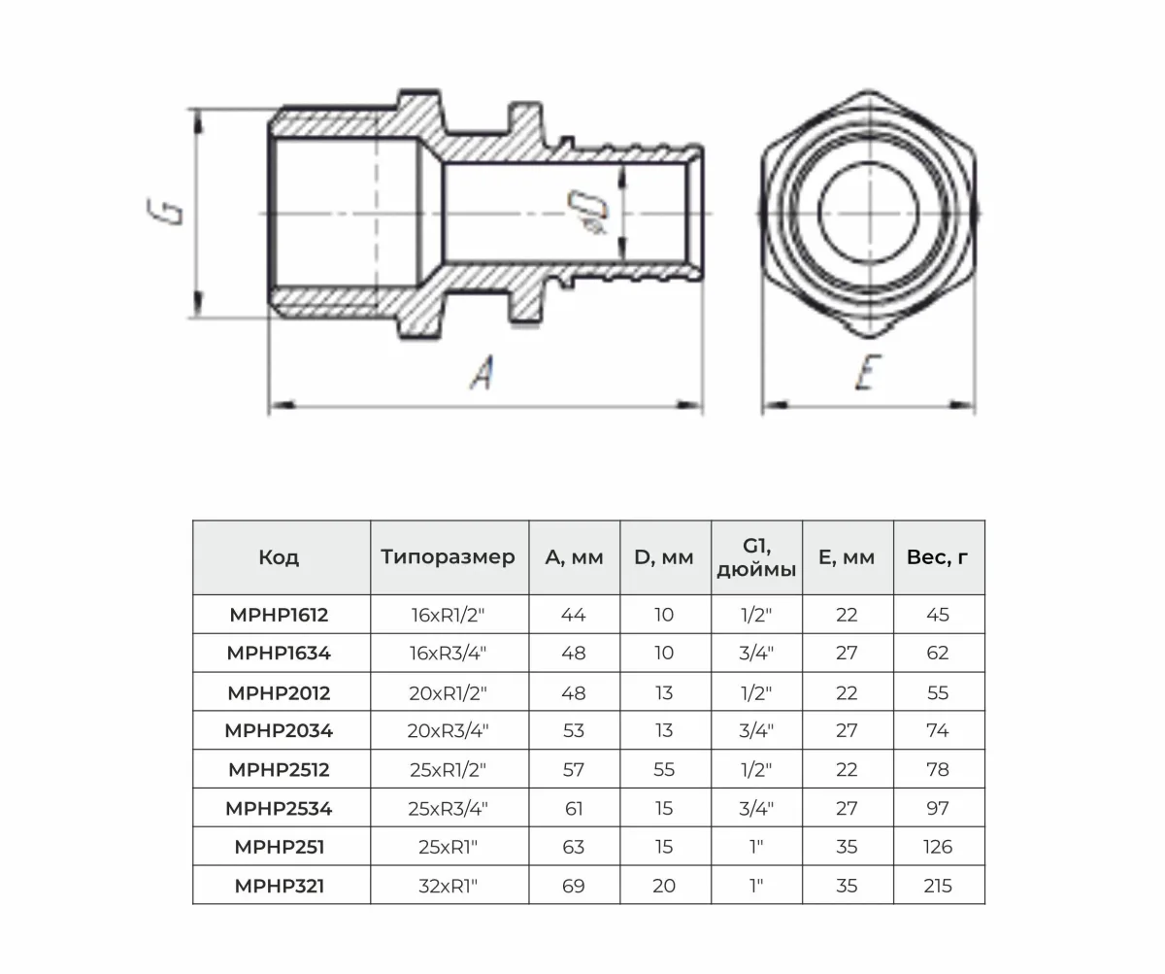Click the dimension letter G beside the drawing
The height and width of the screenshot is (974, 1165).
(165, 212)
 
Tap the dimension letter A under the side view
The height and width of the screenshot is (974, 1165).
(483, 372)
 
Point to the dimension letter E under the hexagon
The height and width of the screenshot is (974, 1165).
(868, 372)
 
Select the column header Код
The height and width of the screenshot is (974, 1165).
(279, 557)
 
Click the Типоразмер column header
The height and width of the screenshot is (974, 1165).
(448, 557)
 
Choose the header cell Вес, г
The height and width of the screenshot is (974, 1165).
(938, 557)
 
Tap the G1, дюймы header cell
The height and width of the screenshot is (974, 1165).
(756, 557)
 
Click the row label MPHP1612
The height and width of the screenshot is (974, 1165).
(279, 615)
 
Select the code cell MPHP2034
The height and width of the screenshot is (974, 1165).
(279, 730)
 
